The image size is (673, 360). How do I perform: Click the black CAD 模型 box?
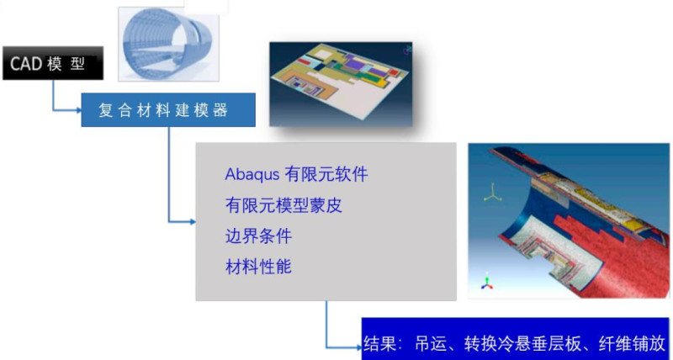coord(53,63)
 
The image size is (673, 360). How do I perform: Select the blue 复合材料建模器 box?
coord(168,110)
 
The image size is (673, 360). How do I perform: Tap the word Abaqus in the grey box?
coord(252,175)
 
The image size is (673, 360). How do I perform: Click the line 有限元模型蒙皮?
coord(284,205)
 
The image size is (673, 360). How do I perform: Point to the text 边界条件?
coord(258,236)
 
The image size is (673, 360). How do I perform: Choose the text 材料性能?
coord(258,267)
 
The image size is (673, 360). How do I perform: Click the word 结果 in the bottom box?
coord(379,344)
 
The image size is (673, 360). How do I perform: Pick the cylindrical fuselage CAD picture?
coord(169,45)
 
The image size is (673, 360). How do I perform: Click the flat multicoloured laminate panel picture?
coord(341,84)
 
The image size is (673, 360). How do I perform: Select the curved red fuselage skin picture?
coord(569,220)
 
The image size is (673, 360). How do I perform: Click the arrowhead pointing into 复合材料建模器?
coord(78,110)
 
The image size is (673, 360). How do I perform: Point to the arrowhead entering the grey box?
coord(193,222)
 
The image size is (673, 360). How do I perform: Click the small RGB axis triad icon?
coord(487,281)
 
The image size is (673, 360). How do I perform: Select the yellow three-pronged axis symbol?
coord(493,193)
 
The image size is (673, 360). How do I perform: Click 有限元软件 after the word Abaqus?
coord(326,175)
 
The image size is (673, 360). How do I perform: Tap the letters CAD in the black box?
coord(26,64)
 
